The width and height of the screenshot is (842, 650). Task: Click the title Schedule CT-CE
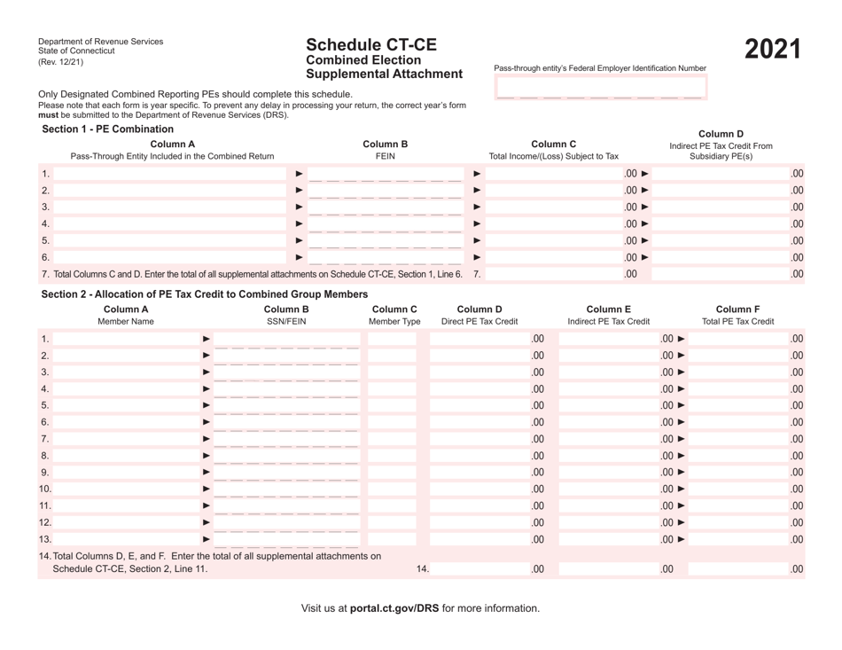tap(371, 44)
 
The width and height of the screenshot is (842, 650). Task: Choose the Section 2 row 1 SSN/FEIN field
tap(288, 339)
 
